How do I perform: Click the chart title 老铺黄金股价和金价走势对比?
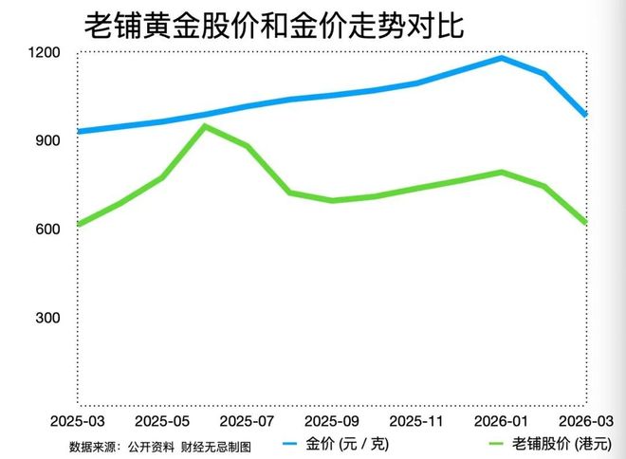coord(274,25)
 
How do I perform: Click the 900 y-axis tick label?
coord(46,140)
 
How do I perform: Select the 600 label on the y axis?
coord(46,229)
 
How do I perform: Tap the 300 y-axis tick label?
coord(46,318)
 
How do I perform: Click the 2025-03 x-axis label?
coord(78,419)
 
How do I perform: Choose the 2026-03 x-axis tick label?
coord(585,419)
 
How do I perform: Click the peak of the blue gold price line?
coord(502,58)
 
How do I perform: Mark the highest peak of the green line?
coord(205,126)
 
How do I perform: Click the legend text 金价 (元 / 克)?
coord(347,444)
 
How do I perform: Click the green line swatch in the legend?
coord(495,444)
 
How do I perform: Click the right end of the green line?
coord(586,222)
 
